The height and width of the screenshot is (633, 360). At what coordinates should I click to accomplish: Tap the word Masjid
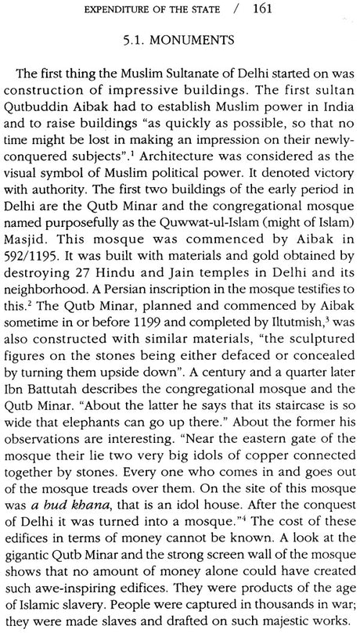click(34, 265)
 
